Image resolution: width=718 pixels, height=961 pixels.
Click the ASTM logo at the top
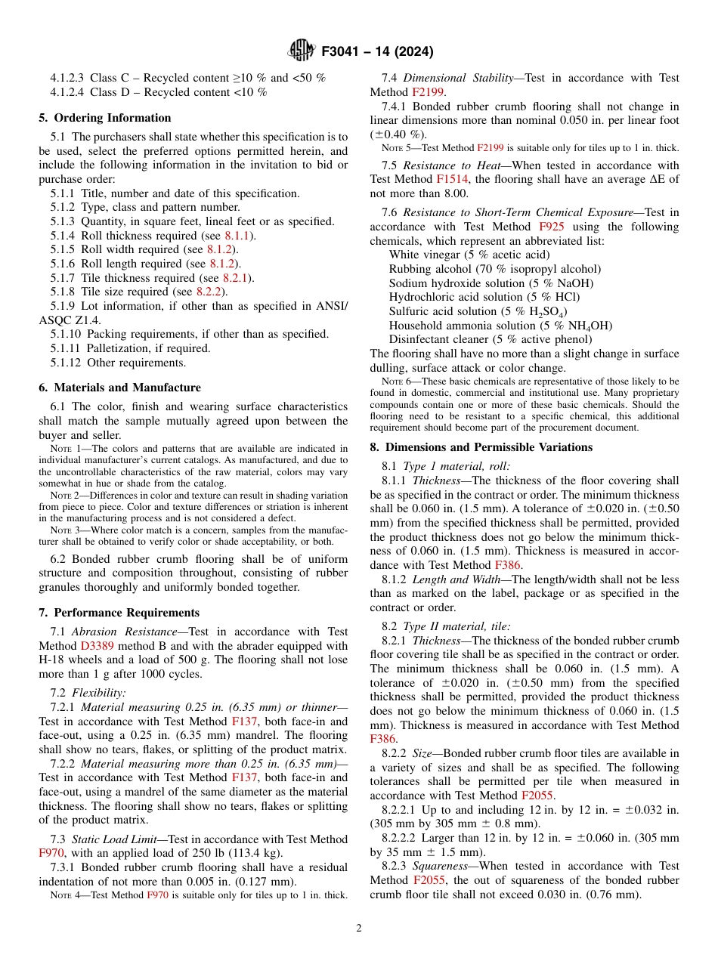pos(302,51)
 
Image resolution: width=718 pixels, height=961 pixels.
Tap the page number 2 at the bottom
pos(359,929)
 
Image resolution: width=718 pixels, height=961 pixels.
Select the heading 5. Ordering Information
pos(105,118)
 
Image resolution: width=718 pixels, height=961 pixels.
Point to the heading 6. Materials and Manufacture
pos(119,388)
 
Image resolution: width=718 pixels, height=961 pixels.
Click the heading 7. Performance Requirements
pos(119,613)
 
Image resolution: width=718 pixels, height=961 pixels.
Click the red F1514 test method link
pos(452,179)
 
